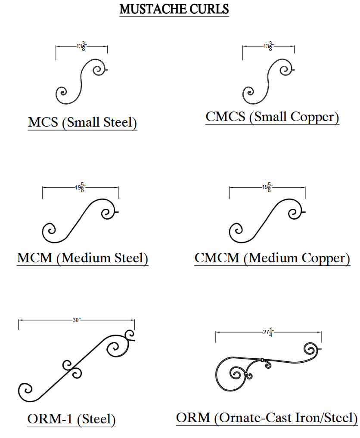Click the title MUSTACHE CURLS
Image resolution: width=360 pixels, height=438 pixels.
pos(174,9)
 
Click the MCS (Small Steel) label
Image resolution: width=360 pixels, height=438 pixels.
pos(82,122)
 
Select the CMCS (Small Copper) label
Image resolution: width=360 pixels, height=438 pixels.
pos(272,117)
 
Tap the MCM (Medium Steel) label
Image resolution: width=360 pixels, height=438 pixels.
pos(82,258)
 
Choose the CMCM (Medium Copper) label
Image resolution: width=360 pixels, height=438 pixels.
pos(272,258)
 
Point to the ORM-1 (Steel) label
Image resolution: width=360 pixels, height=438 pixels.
pos(71,419)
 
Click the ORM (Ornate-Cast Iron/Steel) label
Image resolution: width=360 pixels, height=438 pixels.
pos(267,417)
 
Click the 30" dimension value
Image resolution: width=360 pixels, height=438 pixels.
pos(77,320)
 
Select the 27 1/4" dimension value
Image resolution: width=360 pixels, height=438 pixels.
pos(269,332)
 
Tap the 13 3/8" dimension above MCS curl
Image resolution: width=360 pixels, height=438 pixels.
pos(81,46)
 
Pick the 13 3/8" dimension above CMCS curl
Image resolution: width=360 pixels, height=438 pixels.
pos(268,46)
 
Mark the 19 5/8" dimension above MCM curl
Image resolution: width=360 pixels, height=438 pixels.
pos(80,187)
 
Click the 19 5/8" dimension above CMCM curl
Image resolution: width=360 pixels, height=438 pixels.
pos(267,187)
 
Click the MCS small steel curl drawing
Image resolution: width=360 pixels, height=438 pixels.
pos(81,81)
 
